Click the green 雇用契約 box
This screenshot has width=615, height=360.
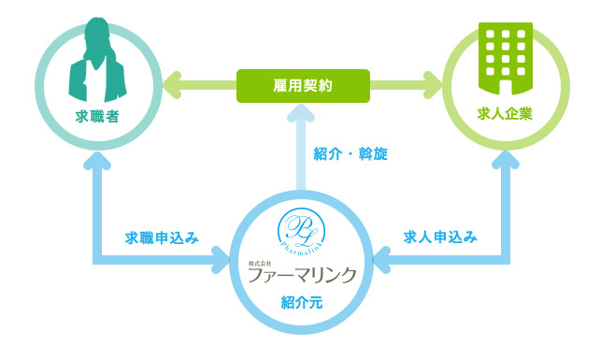pos(303,85)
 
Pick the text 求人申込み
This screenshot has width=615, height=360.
pos(440,238)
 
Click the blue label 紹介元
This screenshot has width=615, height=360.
pos(303,301)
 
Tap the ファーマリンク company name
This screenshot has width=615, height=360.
pos(303,275)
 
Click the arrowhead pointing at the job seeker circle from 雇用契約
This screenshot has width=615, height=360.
pos(171,85)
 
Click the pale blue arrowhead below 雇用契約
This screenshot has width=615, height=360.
pos(303,113)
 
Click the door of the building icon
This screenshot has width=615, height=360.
pos(506,87)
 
